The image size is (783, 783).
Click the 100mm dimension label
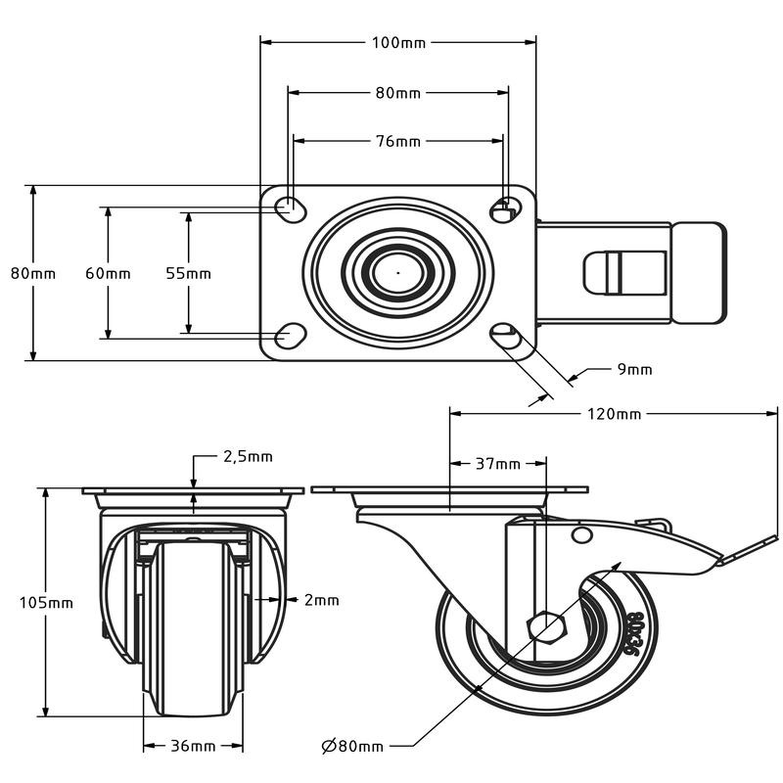pos(397,42)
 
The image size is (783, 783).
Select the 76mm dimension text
pos(397,141)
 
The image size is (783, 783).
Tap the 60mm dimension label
pos(108,273)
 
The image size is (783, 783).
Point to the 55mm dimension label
pos(189,273)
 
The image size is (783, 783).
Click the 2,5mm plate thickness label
pos(249,456)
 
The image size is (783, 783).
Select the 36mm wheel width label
pos(193,746)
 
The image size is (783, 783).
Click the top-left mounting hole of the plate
pos(289,207)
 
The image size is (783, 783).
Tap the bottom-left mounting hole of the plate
pos(289,336)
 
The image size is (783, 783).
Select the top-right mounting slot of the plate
pos(505,207)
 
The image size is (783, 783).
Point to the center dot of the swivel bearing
pos(398,272)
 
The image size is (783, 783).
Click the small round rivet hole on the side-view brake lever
pos(582,534)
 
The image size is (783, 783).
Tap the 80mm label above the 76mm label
pos(397,93)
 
